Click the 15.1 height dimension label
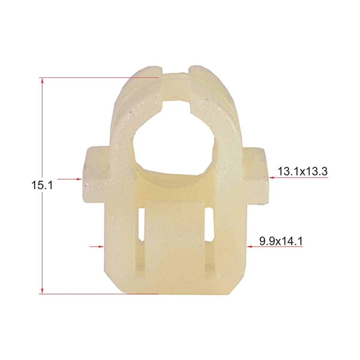coord(42,185)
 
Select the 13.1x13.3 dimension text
coord(303,171)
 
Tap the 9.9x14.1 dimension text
coord(281,241)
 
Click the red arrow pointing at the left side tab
coord(70,179)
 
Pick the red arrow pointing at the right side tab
coord(298,178)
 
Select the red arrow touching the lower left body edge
coord(97,247)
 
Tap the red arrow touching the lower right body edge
coord(274,247)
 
